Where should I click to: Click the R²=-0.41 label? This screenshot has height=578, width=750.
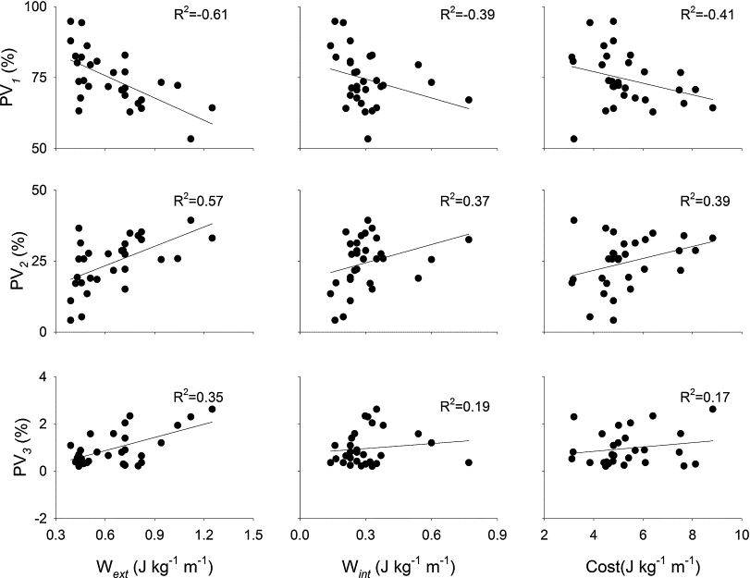704,16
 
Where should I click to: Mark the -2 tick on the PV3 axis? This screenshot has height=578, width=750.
43,519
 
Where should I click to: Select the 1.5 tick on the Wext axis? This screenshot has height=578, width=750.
252,536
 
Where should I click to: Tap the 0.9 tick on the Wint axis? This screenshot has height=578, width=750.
497,536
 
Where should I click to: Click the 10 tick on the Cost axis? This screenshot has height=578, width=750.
737,536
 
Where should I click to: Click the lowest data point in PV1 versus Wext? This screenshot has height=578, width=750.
191,139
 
